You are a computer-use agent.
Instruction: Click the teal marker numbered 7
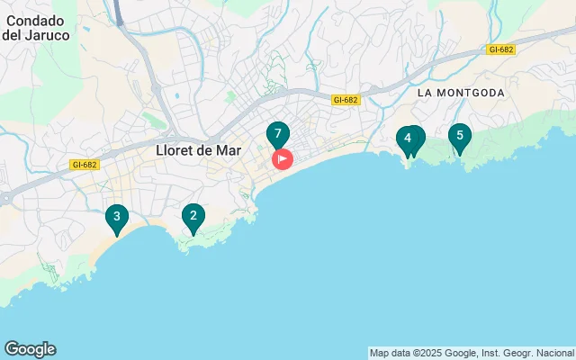(278, 134)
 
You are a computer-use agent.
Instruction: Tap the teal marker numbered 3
(115, 217)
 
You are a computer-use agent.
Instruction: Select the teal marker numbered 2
(192, 216)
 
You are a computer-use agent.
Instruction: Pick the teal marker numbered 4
(408, 139)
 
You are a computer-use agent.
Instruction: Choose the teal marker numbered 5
(460, 137)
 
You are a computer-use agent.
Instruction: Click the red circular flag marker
(282, 160)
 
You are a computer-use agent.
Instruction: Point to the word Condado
(31, 21)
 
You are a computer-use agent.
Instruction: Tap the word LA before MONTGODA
(427, 93)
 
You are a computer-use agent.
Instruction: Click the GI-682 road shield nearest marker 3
(83, 165)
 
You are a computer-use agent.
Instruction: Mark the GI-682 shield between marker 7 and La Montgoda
(345, 101)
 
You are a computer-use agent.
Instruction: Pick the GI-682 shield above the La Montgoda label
(501, 50)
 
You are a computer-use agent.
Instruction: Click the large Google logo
(30, 349)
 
